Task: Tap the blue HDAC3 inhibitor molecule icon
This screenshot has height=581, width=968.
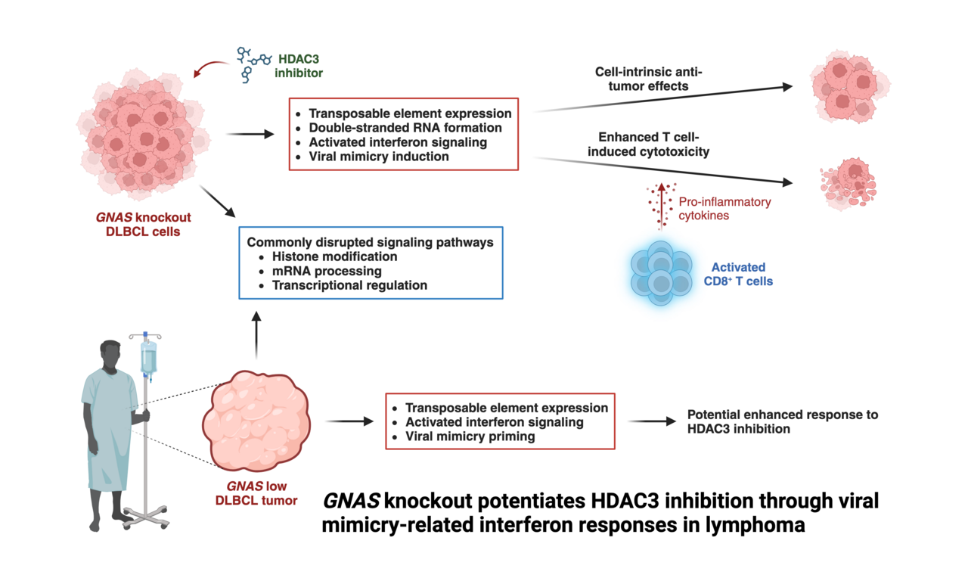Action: coord(253,63)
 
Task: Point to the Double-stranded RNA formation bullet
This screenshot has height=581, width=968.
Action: coord(405,128)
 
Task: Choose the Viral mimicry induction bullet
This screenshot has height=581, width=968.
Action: coord(378,157)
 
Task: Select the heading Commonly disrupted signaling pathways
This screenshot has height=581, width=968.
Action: coord(370,242)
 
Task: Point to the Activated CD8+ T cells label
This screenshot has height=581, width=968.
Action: coord(738,274)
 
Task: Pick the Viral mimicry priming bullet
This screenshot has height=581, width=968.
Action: coord(471,437)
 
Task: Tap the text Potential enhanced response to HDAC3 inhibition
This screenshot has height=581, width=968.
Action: coord(782,421)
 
